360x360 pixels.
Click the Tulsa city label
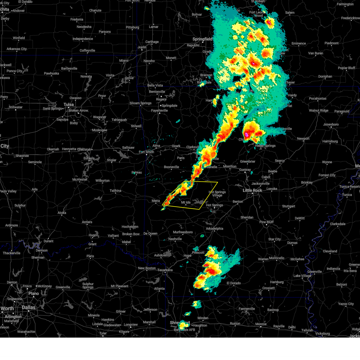coord(68,104)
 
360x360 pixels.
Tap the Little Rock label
coord(252,190)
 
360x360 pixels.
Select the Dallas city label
coord(28,307)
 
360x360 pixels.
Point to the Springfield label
coord(202,39)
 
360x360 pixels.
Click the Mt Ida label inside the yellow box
coord(186,202)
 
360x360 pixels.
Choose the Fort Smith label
coord(146,152)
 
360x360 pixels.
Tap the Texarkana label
coord(165,270)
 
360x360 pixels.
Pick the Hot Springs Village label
coord(217,193)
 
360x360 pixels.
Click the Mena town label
coord(156,201)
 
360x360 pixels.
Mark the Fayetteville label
coord(159,110)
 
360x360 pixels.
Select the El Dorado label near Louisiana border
coord(234,283)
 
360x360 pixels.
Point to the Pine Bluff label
coord(266,222)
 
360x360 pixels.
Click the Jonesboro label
coord(331,124)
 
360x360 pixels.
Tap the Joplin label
coord(142,47)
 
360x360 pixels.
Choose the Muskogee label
coord(100,130)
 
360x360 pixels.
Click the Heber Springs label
coord(265,146)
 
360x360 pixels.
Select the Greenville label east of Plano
coord(63,287)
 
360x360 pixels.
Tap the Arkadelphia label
coord(214,228)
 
